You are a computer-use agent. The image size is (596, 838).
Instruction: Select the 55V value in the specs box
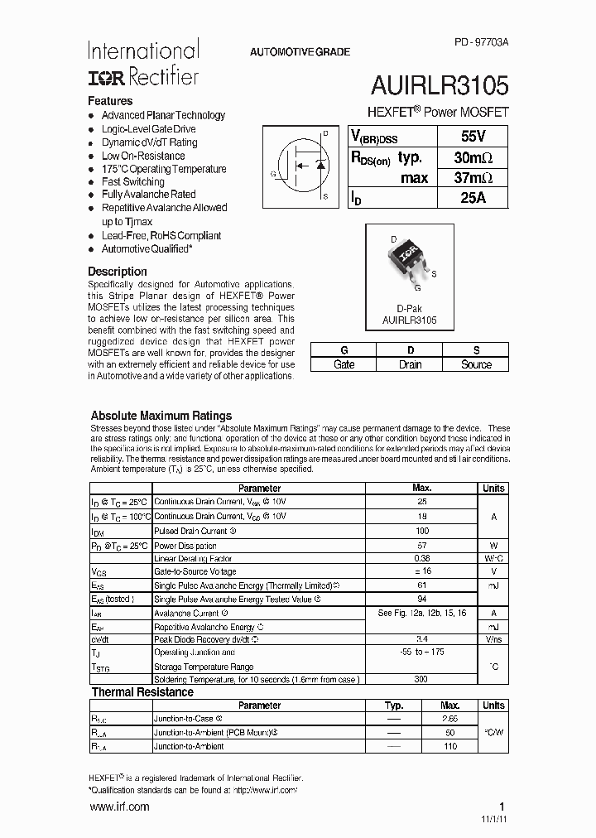point(472,137)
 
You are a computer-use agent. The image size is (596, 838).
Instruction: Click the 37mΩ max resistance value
point(473,178)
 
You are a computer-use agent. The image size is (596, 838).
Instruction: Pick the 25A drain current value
point(472,198)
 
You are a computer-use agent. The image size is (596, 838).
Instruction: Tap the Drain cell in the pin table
point(410,364)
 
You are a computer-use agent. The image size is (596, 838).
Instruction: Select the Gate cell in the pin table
point(344,364)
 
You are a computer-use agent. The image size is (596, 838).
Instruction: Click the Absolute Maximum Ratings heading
point(161,416)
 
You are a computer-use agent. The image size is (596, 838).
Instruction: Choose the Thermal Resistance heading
point(142,692)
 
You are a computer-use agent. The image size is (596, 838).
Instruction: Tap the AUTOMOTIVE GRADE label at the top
point(300,52)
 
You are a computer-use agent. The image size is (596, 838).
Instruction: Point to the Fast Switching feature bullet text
point(133,181)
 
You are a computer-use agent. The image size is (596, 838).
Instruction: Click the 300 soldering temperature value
point(421,680)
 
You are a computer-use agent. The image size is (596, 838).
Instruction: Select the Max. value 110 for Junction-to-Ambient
point(449,746)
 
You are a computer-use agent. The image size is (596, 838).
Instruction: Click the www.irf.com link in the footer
point(119,807)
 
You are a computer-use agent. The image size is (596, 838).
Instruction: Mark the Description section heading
point(118,272)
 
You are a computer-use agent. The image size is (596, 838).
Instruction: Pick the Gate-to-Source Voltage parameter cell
point(195,571)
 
